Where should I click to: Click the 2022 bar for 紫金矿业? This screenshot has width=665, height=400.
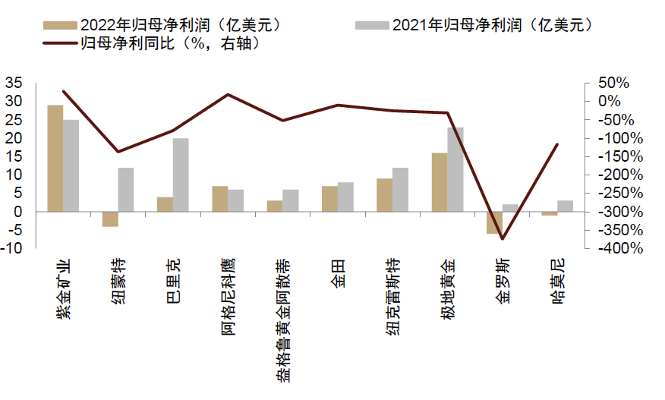coord(55,158)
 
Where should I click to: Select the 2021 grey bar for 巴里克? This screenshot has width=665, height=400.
coord(181,175)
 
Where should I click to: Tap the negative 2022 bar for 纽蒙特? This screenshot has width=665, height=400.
coord(110,219)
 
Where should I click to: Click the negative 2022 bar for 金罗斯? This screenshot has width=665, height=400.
coord(495,222)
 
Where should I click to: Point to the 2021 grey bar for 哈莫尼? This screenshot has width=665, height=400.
coord(565,206)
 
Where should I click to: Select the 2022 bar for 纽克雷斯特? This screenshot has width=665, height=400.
coord(385,195)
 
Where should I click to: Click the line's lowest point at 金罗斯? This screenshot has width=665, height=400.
coord(503,238)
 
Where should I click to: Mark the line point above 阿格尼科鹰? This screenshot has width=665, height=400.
coord(228,95)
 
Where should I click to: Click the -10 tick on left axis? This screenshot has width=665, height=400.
coord(14,248)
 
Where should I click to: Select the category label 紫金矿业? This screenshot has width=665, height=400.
coord(63,292)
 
